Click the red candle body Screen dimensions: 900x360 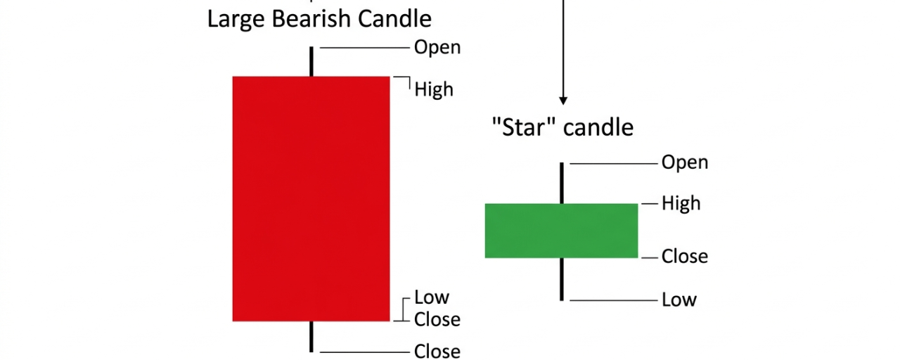click(311, 198)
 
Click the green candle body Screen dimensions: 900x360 click(561, 230)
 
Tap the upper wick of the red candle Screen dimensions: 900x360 click(311, 62)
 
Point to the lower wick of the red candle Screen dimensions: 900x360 click(311, 336)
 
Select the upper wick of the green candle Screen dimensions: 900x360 click(562, 183)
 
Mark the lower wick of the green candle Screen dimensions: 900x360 click(562, 278)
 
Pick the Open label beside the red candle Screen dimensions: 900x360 click(437, 47)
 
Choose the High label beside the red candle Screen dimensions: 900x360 click(434, 89)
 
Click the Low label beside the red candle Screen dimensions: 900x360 click(431, 297)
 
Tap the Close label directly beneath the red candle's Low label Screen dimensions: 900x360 click(437, 319)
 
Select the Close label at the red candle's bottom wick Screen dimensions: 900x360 click(437, 351)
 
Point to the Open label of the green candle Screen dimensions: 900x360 click(685, 162)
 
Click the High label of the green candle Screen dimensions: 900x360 click(681, 203)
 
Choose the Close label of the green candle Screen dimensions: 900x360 click(685, 256)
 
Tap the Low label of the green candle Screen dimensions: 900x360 click(679, 300)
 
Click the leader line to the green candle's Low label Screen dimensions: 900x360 click(612, 300)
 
